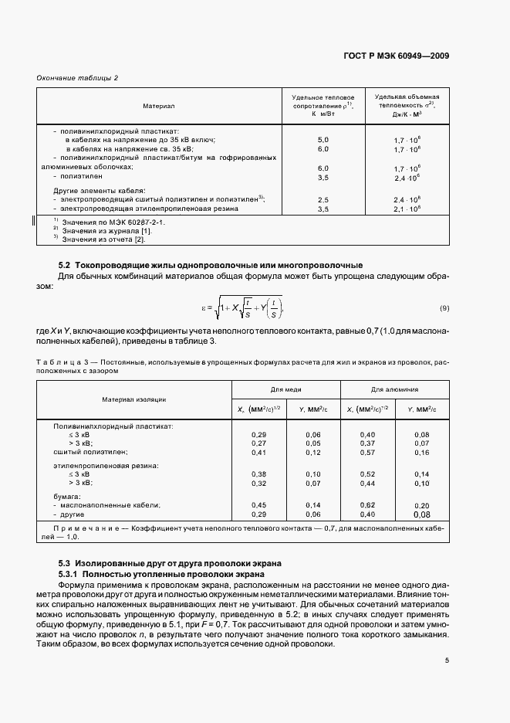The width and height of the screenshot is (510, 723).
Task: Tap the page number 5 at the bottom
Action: pyautogui.click(x=447, y=660)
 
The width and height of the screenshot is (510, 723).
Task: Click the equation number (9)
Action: pyautogui.click(x=444, y=308)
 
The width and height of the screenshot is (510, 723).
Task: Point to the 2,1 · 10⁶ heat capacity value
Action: pyautogui.click(x=407, y=209)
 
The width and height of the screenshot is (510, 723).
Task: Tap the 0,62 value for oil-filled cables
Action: pyautogui.click(x=367, y=504)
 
